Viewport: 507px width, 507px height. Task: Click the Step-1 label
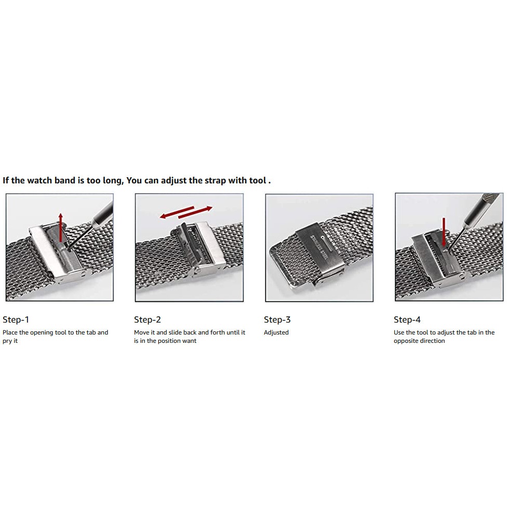tap(16, 319)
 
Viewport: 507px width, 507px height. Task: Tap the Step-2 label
tap(148, 319)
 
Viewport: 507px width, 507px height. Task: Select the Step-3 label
tap(277, 319)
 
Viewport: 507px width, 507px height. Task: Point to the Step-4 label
tap(407, 319)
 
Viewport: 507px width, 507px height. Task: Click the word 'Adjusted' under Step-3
tap(276, 332)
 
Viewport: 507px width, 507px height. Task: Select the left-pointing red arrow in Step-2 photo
tap(177, 212)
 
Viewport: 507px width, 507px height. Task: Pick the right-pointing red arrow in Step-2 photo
tap(195, 212)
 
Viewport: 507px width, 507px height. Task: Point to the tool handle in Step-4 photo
tap(482, 208)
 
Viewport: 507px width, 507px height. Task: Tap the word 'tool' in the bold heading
tap(257, 180)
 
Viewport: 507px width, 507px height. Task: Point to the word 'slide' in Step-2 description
tap(175, 332)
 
